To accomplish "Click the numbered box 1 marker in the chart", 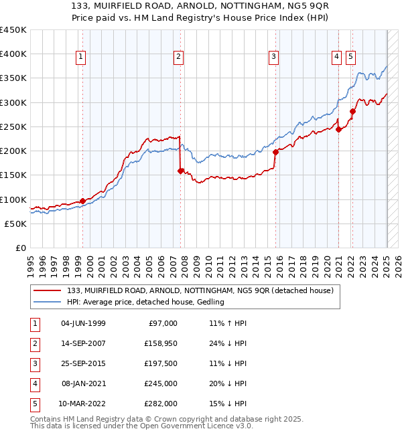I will point(80,58).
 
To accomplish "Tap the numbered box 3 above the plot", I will point(274,58).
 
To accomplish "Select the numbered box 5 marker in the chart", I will point(351,58).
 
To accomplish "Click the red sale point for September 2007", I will point(180,171).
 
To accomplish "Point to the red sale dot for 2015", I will point(275,152).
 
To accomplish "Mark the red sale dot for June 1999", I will point(82,201).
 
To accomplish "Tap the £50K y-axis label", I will point(16,224).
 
